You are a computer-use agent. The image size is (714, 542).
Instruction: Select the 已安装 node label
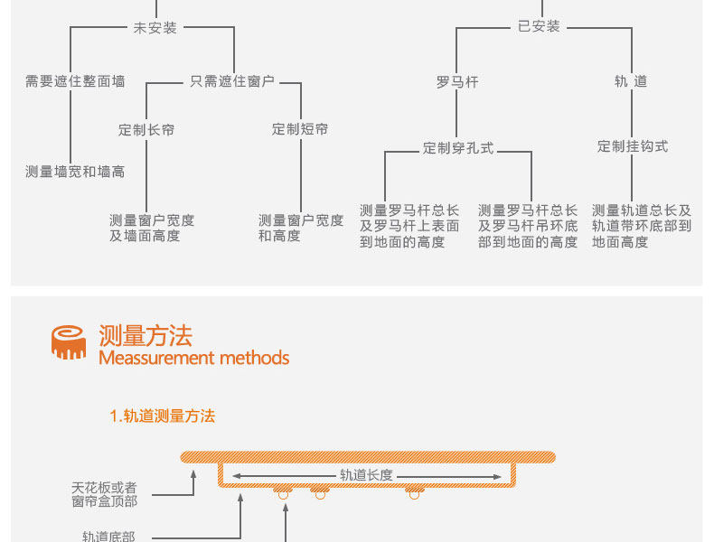540,26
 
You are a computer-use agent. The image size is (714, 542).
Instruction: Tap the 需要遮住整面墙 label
75,81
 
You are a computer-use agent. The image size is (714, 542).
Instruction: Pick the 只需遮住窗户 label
232,81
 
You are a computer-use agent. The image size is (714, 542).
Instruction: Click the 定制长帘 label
146,129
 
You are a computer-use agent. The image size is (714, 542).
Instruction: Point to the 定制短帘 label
300,129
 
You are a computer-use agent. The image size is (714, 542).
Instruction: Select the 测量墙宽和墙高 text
75,171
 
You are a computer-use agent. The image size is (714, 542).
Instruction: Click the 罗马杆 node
457,81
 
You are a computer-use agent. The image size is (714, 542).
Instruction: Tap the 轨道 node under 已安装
631,81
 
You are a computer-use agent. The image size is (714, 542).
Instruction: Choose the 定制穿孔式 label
458,147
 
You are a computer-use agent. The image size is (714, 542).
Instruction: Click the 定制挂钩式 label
633,145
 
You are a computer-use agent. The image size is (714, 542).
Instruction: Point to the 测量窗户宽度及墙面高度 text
152,228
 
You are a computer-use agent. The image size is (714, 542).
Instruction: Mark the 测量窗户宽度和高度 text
301,228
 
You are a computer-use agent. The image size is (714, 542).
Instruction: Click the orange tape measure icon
69,341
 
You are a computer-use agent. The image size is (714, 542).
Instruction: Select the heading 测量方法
146,336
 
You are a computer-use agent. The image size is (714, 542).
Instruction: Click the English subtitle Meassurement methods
193,358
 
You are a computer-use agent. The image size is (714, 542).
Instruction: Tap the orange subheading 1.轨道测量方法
163,416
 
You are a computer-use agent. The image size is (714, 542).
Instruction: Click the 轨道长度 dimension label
366,474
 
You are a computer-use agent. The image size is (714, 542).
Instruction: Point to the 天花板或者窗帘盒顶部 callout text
105,494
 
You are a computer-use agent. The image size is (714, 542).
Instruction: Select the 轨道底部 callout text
108,536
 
